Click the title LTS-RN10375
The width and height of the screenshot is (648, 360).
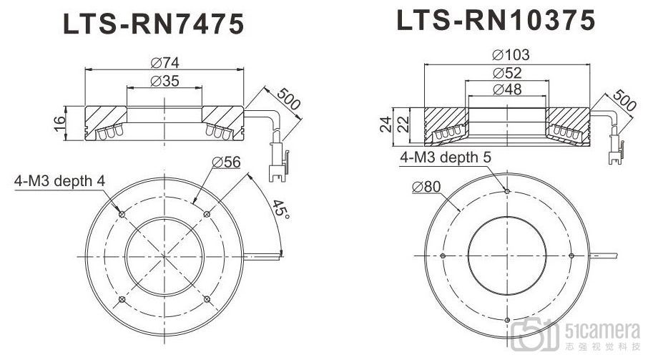pyautogui.click(x=496, y=20)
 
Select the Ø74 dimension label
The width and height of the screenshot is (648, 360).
pyautogui.click(x=165, y=62)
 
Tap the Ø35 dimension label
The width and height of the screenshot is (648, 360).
pyautogui.click(x=165, y=81)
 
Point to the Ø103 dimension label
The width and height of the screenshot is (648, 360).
pyautogui.click(x=507, y=55)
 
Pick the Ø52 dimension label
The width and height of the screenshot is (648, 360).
pyautogui.click(x=507, y=73)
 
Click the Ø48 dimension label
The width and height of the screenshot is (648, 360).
pyautogui.click(x=507, y=89)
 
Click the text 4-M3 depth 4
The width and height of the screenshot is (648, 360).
pyautogui.click(x=59, y=181)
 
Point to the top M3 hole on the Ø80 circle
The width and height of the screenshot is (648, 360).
pyautogui.click(x=506, y=192)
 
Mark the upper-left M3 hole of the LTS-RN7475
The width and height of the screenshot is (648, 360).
pyautogui.click(x=122, y=213)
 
